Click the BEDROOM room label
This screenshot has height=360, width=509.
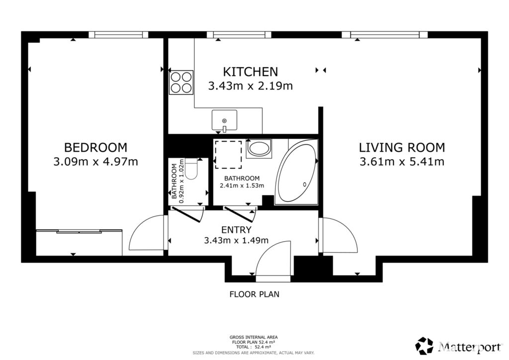pos(95,147)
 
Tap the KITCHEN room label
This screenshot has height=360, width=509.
pos(251,72)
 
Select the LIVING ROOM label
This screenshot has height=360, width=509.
pos(402,147)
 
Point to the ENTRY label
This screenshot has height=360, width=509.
pos(236,230)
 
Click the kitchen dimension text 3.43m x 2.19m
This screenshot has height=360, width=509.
pos(251,86)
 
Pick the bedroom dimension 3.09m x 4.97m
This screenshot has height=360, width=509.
pos(95,162)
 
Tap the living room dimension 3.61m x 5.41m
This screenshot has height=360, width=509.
pos(402,162)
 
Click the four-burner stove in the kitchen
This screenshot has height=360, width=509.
pos(181,83)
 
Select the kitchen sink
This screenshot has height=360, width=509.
pos(224,121)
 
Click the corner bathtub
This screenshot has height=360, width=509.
pos(297,173)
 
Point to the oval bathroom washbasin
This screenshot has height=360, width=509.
pos(258,149)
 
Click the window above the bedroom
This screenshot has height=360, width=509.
pos(118,35)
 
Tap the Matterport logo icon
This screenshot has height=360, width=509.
pos(424,346)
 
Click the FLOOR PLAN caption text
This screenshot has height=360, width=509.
pos(254,294)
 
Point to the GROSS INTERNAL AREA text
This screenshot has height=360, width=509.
pos(254,337)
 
